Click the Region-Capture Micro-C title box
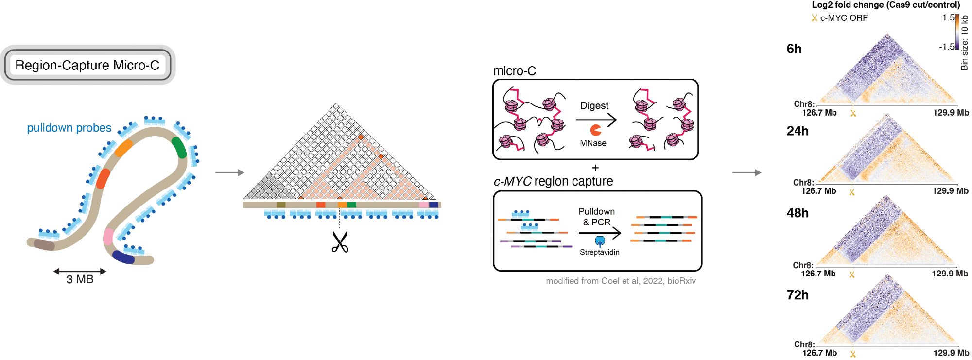coord(87,65)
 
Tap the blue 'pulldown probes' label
coord(69,128)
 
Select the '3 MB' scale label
coord(80,279)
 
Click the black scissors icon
coord(340,242)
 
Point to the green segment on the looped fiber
coord(179,147)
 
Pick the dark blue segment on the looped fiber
coord(123,257)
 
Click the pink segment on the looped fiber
coord(108,237)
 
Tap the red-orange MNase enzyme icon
coord(596,130)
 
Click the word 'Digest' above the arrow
coord(594,105)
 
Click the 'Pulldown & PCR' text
coord(597,217)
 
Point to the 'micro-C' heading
coord(514,71)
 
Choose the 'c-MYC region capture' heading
coord(553,181)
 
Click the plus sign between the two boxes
coord(595,168)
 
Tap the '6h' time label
coord(794,49)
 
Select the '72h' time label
coord(798,295)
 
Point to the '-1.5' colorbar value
coord(946,47)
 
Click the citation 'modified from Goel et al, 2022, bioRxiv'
coord(621,281)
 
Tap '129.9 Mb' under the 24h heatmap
coord(950,191)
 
